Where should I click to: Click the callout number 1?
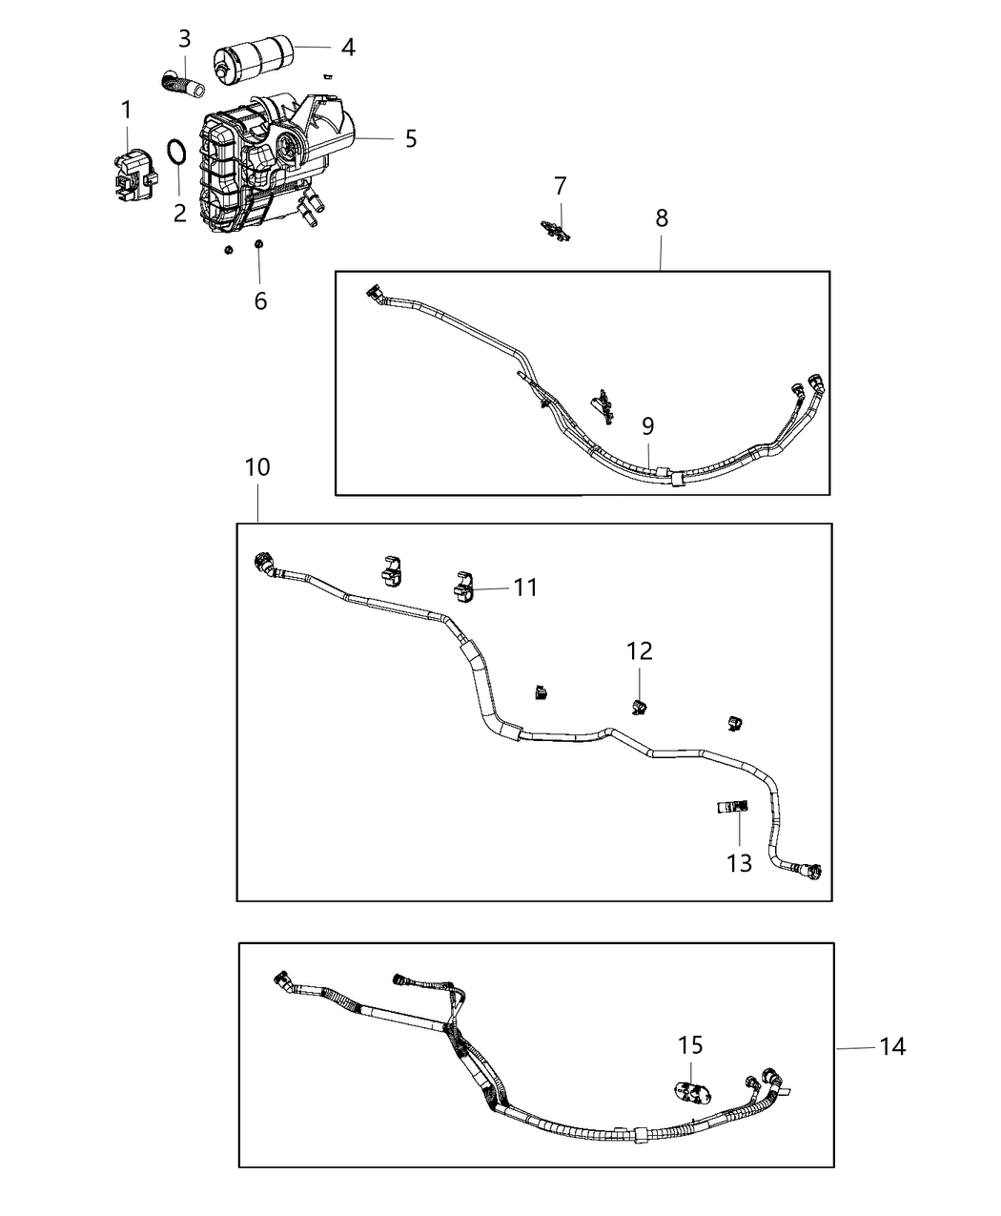[x=126, y=111]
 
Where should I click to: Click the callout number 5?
[x=410, y=139]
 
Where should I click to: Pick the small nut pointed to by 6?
[x=258, y=248]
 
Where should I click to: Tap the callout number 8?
[x=662, y=217]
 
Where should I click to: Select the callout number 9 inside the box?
[x=647, y=426]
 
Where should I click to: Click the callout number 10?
[x=257, y=467]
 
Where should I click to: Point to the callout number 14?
[x=891, y=1047]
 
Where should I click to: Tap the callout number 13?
[x=740, y=863]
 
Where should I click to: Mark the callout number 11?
[x=525, y=587]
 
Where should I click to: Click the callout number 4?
[x=348, y=47]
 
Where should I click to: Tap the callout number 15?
[x=691, y=1044]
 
